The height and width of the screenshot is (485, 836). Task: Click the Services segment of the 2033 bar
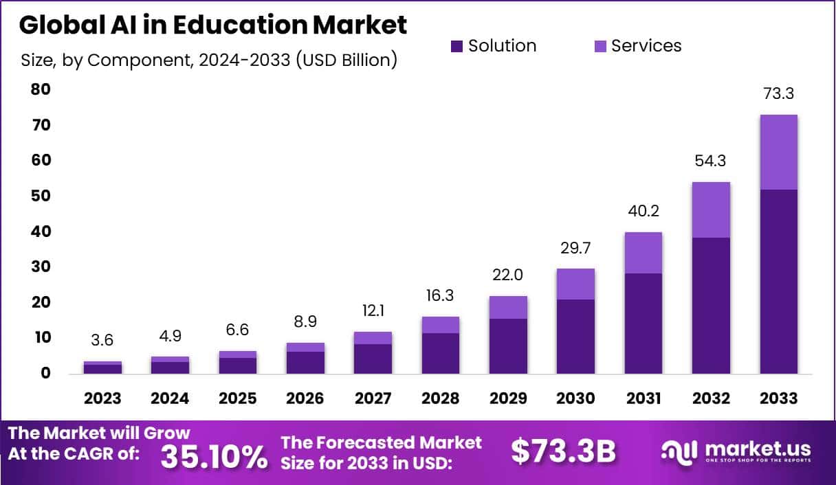[x=778, y=152]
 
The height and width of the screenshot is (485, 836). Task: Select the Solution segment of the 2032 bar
[x=711, y=305]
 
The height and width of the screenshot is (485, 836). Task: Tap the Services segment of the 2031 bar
[x=643, y=253]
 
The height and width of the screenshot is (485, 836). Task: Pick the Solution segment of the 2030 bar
[x=575, y=336]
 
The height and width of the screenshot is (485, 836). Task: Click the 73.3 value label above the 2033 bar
[x=778, y=94]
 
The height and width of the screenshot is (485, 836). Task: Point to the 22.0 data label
[x=508, y=275]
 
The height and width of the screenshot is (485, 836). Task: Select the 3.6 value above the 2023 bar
[x=102, y=340]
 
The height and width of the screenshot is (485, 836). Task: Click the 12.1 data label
[x=373, y=311]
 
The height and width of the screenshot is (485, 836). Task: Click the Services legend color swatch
[x=599, y=47]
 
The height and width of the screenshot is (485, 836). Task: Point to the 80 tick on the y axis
[x=41, y=89]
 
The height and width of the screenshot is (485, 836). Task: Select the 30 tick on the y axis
[x=41, y=267]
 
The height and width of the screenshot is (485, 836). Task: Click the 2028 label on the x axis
[x=440, y=398]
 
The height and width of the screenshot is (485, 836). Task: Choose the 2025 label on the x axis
[x=237, y=398]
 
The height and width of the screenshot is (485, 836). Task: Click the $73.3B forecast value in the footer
[x=563, y=451]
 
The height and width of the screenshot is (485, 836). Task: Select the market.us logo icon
[x=679, y=451]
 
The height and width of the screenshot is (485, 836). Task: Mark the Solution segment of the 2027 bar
[x=373, y=358]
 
